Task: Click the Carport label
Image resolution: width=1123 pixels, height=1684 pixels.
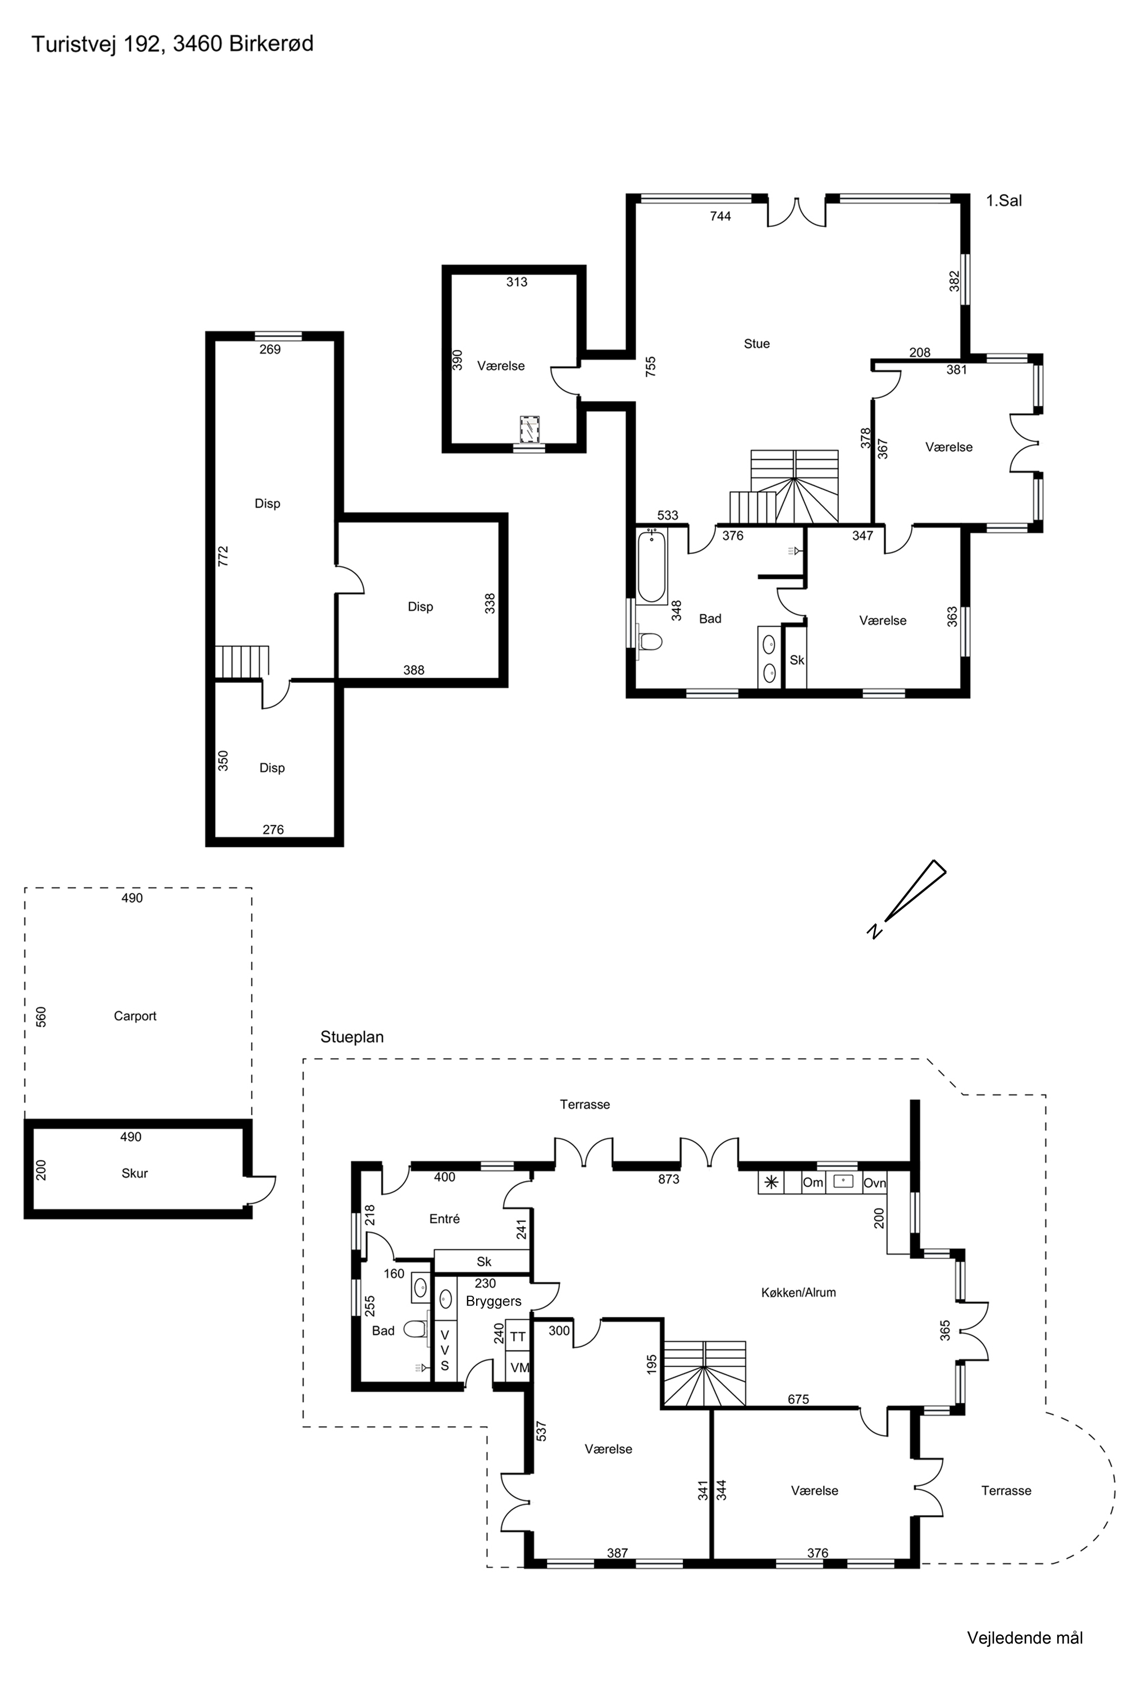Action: point(135,1016)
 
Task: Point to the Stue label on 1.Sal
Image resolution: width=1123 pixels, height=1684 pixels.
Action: point(756,344)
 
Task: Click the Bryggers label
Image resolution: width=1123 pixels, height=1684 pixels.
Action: point(494,1301)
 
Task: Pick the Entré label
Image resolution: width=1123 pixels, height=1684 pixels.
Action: point(444,1219)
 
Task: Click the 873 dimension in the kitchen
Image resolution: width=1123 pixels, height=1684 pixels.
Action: point(668,1179)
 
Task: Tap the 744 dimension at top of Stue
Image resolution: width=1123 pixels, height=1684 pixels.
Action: point(720,216)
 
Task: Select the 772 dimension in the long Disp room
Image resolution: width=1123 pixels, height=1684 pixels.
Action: point(223,556)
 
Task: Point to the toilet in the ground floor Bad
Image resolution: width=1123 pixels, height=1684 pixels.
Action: point(415,1330)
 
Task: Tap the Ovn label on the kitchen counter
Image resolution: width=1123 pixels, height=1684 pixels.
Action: point(874,1183)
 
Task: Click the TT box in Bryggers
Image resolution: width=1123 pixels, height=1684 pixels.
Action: point(518,1337)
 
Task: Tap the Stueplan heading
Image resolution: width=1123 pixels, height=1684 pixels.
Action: point(351,1037)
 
